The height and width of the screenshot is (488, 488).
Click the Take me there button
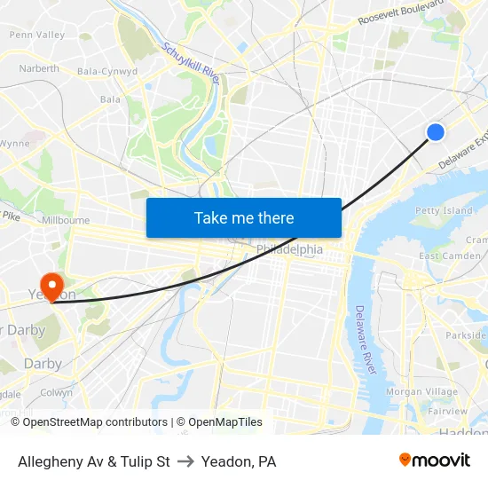(244, 217)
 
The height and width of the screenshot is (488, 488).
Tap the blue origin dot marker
(436, 132)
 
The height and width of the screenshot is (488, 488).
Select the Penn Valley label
(36, 35)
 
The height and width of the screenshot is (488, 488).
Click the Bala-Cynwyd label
(107, 71)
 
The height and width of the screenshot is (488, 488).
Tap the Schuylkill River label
(191, 65)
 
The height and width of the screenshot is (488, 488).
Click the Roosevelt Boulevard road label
(400, 12)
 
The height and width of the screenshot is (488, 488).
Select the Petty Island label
(444, 211)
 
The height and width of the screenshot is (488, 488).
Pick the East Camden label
(450, 256)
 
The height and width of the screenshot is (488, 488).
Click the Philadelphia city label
(290, 249)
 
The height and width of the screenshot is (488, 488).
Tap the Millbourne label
(65, 220)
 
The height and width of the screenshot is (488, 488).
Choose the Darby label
(43, 364)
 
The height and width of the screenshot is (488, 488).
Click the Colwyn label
(57, 392)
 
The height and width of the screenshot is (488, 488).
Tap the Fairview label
(448, 412)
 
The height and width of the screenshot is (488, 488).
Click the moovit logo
(434, 460)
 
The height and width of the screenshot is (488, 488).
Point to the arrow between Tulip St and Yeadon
(185, 462)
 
